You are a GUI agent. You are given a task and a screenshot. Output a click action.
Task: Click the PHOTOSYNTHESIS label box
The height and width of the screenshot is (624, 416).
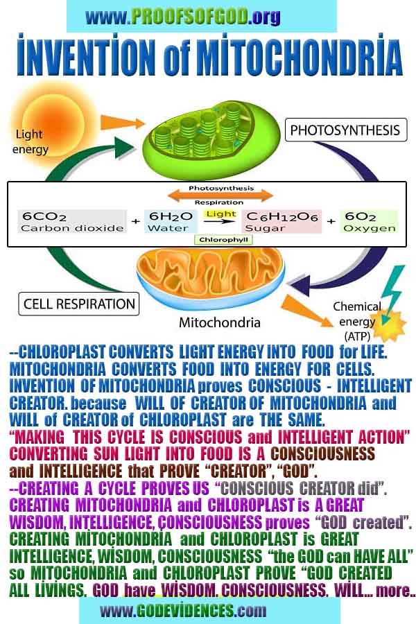click(x=344, y=130)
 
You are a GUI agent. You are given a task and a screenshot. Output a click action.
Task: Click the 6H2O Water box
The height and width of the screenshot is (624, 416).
click(x=166, y=221)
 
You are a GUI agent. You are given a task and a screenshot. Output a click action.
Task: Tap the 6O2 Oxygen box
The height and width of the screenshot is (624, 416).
click(x=370, y=221)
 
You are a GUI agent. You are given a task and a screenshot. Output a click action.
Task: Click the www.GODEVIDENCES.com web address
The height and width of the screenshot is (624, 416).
click(x=183, y=611)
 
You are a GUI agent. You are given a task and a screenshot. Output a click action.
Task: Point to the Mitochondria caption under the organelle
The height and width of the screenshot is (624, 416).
click(x=210, y=322)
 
